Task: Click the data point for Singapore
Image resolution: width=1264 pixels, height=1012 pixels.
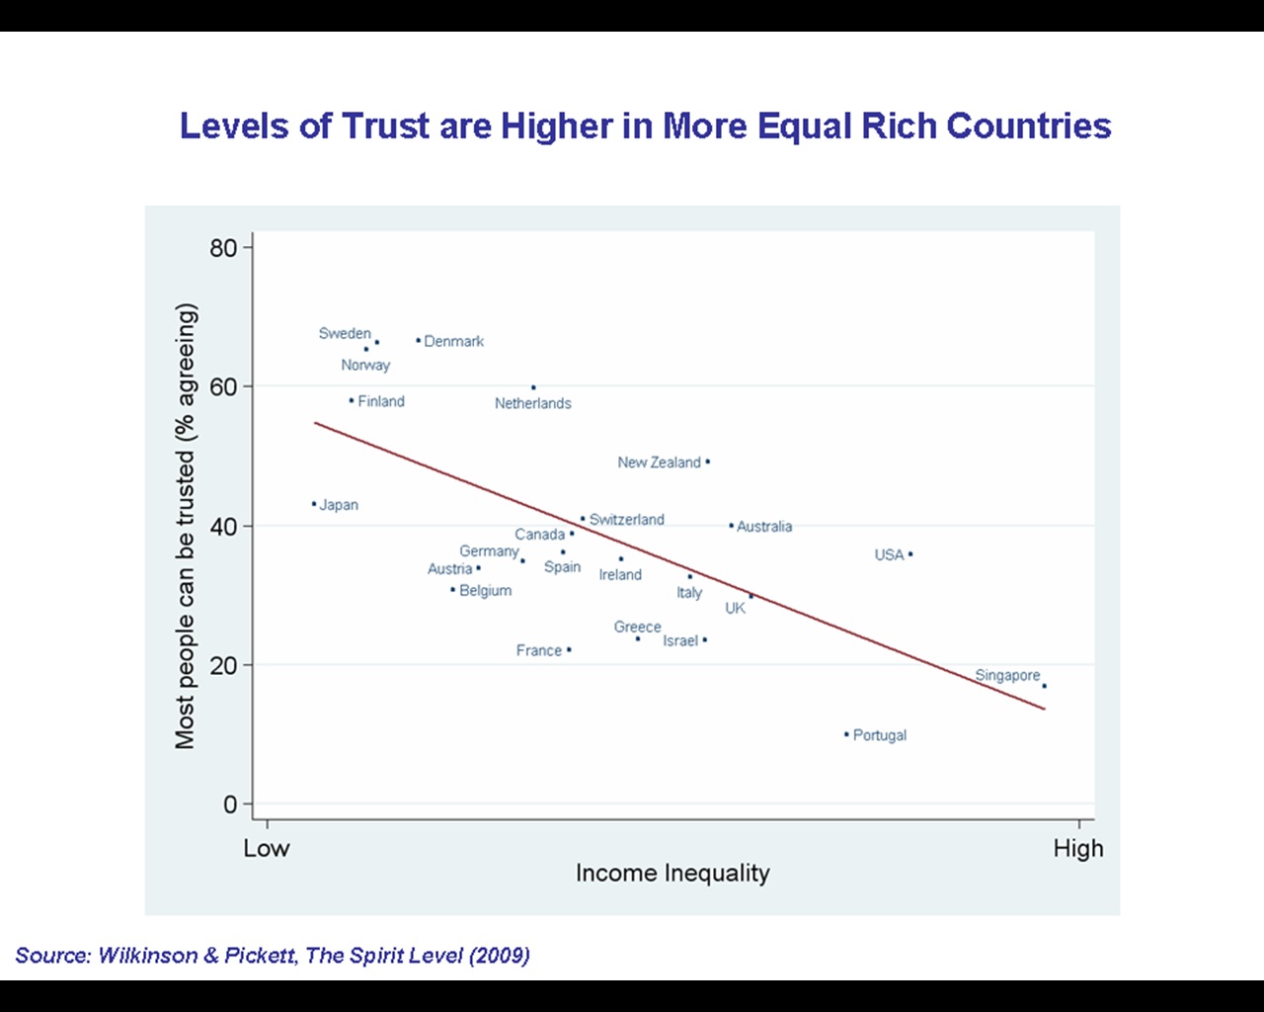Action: coord(1044,686)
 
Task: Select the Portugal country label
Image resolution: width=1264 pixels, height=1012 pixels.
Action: coord(879,735)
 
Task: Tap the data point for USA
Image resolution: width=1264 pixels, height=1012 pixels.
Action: coord(910,554)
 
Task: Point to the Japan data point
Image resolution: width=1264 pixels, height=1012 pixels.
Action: coord(314,504)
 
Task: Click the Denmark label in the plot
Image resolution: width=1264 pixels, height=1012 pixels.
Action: coord(453,341)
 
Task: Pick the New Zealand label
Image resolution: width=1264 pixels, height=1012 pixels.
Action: coord(659,463)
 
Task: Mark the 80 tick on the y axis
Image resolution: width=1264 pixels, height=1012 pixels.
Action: coord(223,248)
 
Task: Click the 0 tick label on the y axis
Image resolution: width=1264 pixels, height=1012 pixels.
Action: coord(230,804)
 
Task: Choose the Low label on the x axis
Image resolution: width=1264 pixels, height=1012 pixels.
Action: coord(267,848)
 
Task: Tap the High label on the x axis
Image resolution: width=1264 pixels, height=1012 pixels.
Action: coord(1078,848)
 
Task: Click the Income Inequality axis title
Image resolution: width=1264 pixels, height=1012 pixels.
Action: coord(672,873)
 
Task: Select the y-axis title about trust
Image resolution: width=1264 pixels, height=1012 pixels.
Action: coord(186,526)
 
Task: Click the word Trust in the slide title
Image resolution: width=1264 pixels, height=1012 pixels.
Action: coord(386,126)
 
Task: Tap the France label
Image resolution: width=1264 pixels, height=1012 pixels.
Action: coord(538,650)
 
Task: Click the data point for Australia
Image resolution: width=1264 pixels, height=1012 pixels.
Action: coord(731,526)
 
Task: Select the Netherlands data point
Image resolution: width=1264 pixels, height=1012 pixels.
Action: coord(533,387)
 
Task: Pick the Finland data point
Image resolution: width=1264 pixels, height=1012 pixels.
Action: coord(352,400)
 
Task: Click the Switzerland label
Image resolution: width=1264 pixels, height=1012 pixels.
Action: coord(626,520)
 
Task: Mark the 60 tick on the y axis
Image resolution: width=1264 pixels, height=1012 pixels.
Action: coord(223,386)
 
